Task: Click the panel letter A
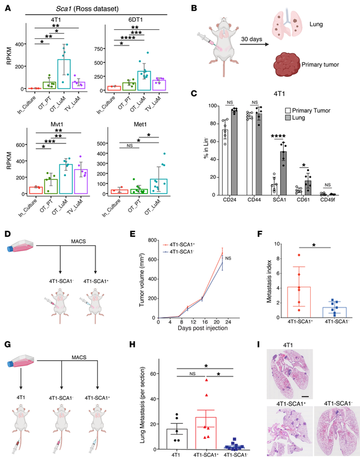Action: pos(8,8)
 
